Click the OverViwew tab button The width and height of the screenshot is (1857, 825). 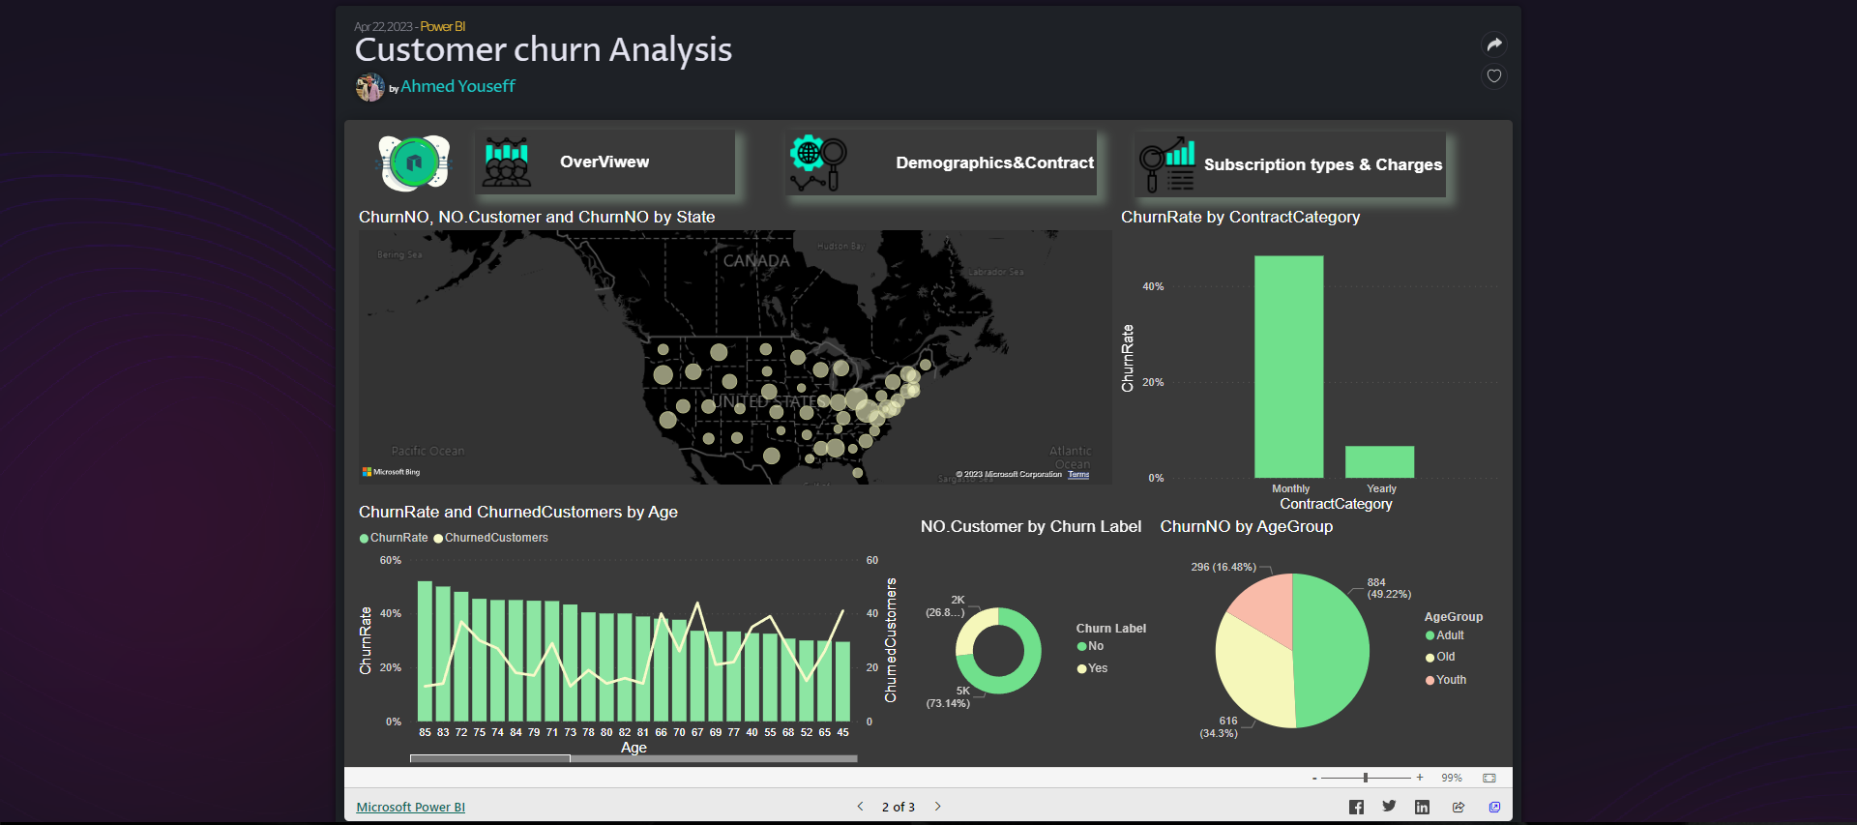tap(604, 162)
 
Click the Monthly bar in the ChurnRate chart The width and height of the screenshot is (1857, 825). tap(1288, 368)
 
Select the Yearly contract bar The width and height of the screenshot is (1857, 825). tap(1379, 462)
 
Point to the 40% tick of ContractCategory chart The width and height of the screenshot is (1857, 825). tap(1153, 287)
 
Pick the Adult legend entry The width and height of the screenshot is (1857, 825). tap(1449, 635)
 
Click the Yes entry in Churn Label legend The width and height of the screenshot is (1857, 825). tap(1097, 668)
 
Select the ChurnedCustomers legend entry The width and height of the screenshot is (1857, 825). tap(495, 538)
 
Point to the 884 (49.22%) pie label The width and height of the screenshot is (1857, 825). tap(1388, 588)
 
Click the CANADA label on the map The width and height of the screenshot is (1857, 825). tap(756, 261)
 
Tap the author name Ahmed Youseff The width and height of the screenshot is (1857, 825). tap(457, 87)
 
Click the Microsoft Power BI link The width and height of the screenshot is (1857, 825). tap(410, 807)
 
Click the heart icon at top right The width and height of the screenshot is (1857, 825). tap(1494, 76)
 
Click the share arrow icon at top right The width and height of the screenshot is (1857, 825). tap(1494, 44)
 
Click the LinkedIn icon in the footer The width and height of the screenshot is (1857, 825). tap(1422, 807)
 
